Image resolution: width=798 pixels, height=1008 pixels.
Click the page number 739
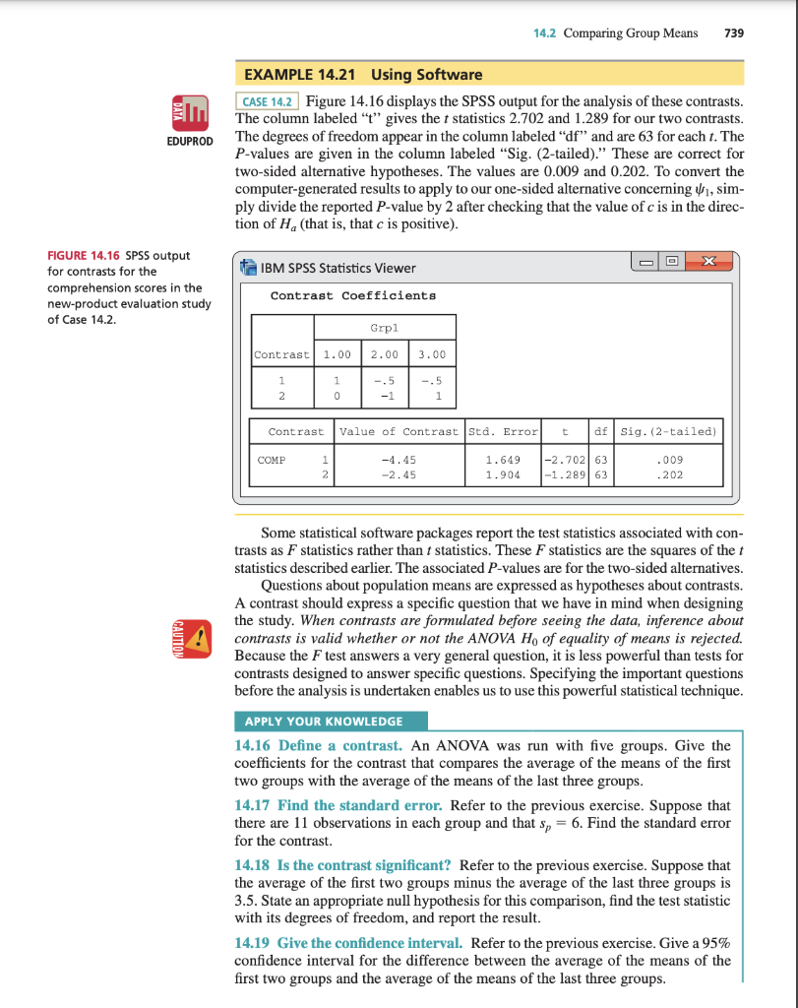coord(733,32)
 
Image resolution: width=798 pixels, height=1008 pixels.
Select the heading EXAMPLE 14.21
coord(304,74)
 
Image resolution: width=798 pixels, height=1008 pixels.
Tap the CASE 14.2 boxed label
coord(268,101)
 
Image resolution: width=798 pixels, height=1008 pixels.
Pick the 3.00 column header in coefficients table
coord(433,354)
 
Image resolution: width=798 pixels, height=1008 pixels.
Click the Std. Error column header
coord(503,431)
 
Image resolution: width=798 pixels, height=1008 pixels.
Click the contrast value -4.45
coord(401,460)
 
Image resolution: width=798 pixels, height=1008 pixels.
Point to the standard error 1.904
coord(503,475)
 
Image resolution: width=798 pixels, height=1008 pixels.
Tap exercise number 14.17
coord(254,804)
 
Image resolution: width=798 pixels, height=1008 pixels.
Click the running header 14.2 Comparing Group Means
coord(615,32)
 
